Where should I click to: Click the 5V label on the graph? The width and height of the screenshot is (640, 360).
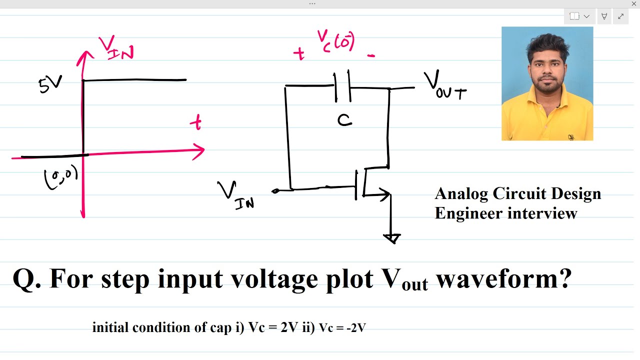click(50, 84)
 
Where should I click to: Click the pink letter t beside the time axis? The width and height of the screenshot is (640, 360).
click(196, 122)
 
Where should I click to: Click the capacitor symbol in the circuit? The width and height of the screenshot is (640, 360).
click(342, 85)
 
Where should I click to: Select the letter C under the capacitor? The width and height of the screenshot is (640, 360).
click(344, 120)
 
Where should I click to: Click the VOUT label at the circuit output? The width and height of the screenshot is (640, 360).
click(445, 85)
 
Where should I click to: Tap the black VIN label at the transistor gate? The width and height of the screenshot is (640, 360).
click(235, 195)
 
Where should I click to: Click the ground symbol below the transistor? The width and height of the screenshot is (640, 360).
click(392, 238)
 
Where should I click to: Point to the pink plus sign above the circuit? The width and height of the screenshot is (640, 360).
click(299, 54)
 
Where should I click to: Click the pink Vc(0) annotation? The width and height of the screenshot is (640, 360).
click(336, 41)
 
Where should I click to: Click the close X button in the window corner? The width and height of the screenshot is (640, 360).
click(633, 3)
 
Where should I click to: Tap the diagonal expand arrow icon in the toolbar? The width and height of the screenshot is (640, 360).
click(620, 16)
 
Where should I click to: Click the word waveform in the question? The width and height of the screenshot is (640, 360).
click(504, 278)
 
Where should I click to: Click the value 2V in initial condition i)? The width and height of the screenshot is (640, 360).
click(289, 327)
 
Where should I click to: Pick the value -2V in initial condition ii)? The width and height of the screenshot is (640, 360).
click(356, 328)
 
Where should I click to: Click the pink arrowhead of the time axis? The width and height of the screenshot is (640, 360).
click(198, 151)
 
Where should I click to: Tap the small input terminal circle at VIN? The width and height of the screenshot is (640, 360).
click(275, 191)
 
